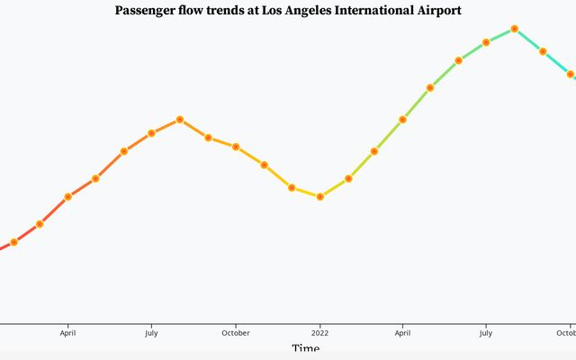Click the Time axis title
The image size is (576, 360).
pos(305,349)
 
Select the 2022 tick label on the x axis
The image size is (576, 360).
pos(320,332)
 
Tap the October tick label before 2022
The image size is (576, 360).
pos(236,332)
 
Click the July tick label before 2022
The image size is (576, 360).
pos(151,332)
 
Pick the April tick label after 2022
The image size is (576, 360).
pos(402,332)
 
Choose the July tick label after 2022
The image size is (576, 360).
pos(486,332)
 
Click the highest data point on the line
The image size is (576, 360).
pos(514,29)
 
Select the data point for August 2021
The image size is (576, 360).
pos(180,119)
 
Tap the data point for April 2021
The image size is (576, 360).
pos(67,196)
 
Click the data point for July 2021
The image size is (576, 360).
pos(151,133)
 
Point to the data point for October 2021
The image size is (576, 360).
pos(236,147)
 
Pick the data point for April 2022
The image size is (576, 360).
pos(402,119)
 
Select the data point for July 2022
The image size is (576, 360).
pos(486,42)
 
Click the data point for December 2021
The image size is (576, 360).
pos(292,187)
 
